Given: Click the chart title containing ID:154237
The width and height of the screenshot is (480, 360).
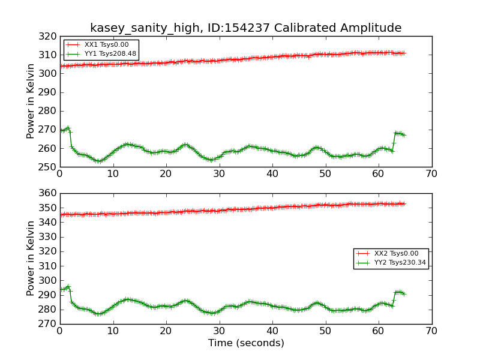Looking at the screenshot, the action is click(245, 28).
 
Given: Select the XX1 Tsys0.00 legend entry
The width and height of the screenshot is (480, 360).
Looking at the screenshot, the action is click(97, 44).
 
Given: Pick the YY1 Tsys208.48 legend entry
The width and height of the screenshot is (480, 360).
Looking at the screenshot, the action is click(101, 54).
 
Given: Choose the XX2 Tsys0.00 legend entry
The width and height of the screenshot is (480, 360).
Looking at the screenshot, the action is click(387, 253).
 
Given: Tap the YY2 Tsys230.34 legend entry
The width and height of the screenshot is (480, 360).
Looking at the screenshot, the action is click(391, 263).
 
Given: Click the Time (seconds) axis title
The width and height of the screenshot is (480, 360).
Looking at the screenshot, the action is click(246, 343).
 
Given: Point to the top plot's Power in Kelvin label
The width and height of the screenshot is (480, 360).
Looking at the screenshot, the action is click(30, 101).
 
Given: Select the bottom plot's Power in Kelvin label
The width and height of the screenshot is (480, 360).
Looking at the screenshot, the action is click(30, 259).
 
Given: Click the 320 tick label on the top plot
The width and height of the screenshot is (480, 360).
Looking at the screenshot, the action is click(47, 37).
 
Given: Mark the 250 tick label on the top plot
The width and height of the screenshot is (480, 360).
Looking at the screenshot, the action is click(47, 167).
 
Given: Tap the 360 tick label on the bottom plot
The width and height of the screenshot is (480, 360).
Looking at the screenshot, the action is click(47, 193).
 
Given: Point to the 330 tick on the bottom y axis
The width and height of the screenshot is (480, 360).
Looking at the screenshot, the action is click(47, 237).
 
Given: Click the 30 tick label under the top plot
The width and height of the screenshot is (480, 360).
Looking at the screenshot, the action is click(219, 174).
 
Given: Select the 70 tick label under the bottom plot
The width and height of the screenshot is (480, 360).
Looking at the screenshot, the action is click(431, 331).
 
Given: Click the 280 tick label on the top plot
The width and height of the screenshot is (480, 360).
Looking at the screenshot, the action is click(47, 111).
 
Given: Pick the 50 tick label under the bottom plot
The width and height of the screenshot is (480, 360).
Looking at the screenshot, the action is click(325, 331).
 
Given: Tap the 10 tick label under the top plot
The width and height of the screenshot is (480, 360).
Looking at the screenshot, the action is click(113, 174).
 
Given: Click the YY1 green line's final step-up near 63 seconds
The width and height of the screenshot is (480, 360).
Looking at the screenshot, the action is click(394, 142).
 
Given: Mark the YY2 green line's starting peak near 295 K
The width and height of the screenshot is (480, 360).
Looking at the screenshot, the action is click(68, 287).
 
